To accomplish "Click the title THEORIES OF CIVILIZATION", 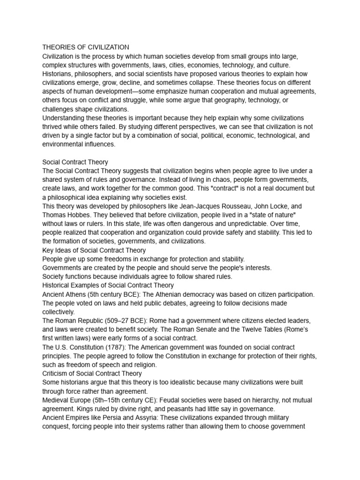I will coord(86,47).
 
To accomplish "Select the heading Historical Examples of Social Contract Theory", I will coord(108,285).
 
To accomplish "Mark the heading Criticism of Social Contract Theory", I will coord(92,374).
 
